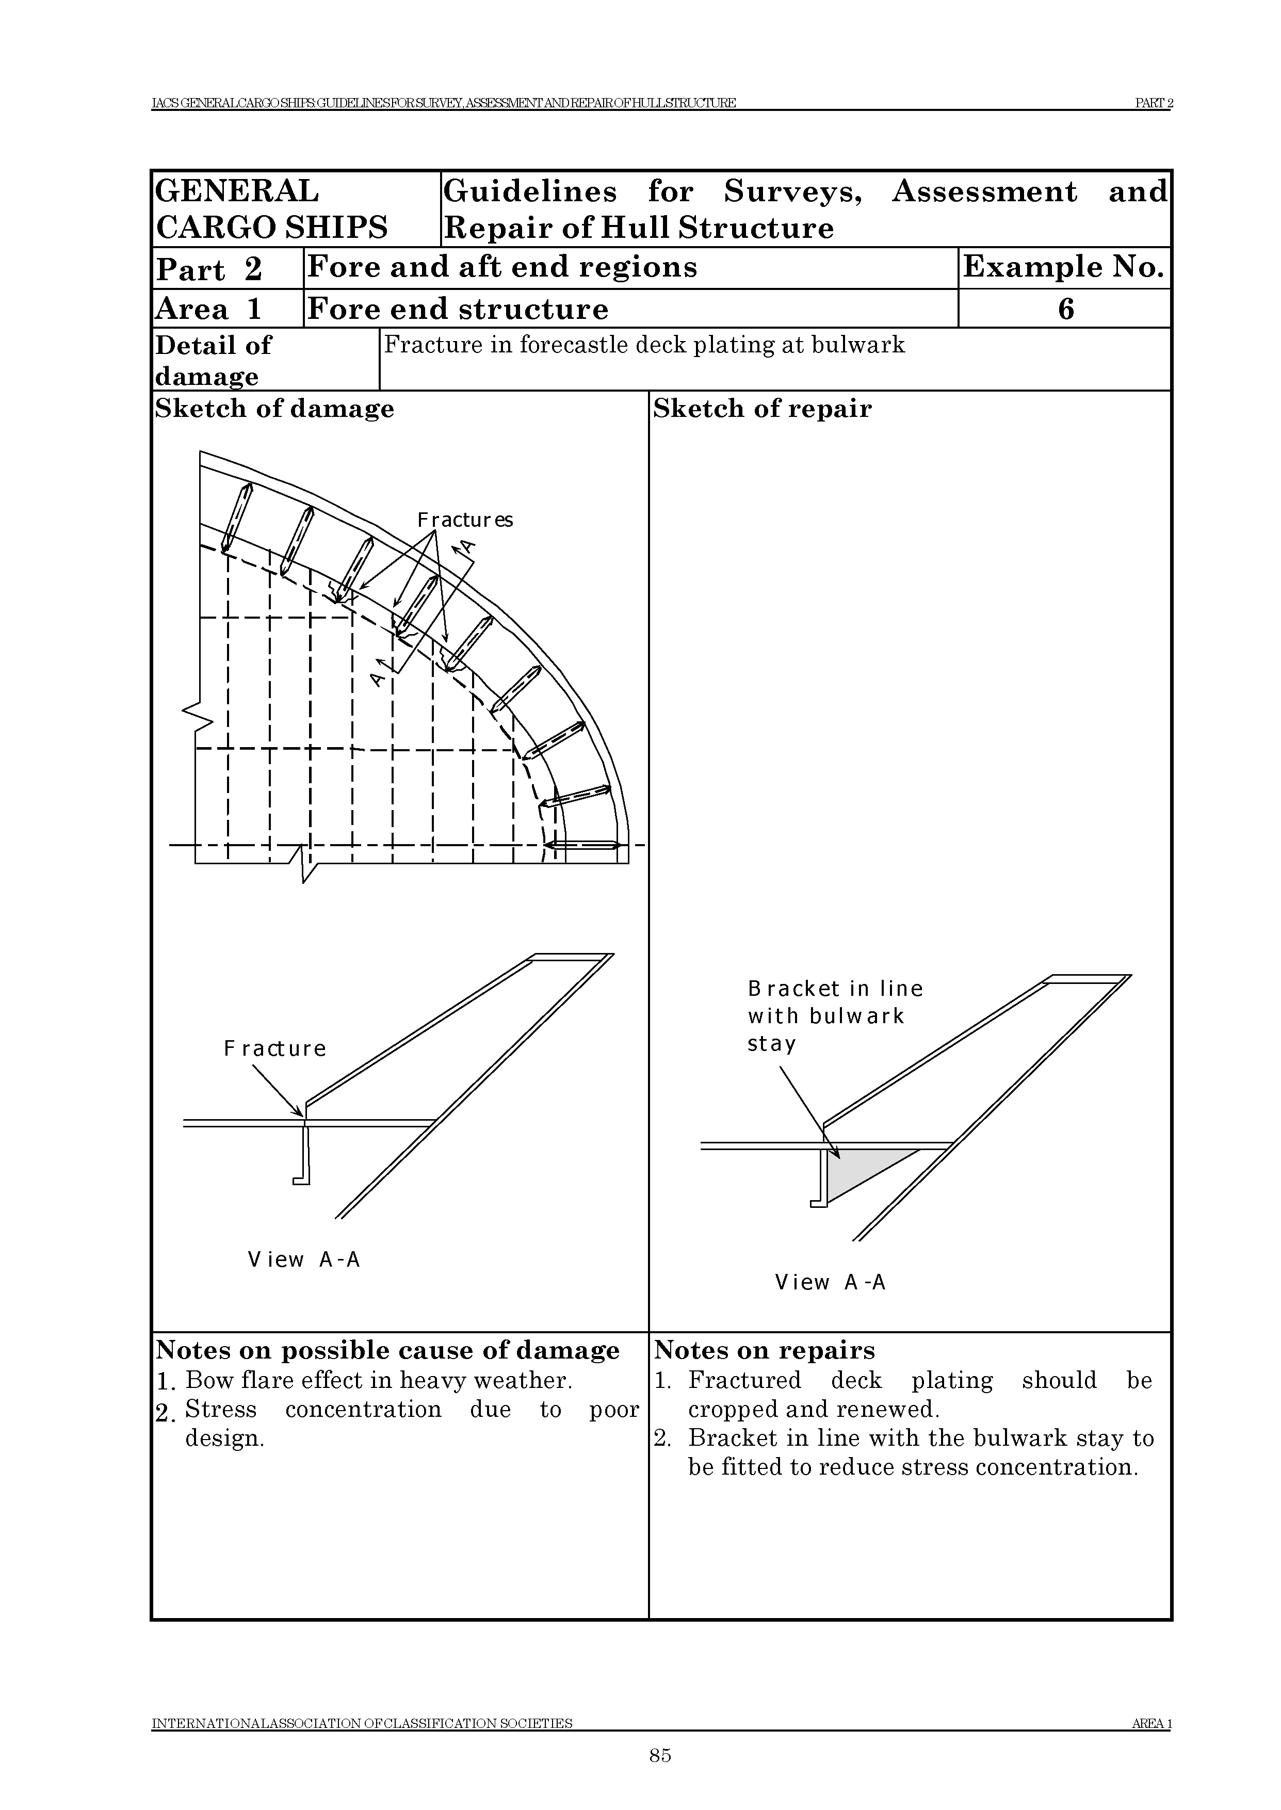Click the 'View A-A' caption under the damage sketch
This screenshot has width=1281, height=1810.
pyautogui.click(x=304, y=1259)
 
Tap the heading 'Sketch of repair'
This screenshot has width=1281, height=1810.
pyautogui.click(x=762, y=409)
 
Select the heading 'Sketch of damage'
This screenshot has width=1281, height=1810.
pyautogui.click(x=274, y=409)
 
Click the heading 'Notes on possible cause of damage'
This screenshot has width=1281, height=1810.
pyautogui.click(x=387, y=1350)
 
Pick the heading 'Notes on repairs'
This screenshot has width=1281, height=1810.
pyautogui.click(x=765, y=1350)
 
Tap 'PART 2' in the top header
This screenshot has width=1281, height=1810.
pyautogui.click(x=1153, y=103)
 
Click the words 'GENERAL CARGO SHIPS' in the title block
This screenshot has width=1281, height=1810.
pyautogui.click(x=271, y=209)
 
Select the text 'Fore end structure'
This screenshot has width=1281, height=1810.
pyautogui.click(x=458, y=309)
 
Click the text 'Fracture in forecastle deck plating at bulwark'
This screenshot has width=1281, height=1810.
pyautogui.click(x=644, y=346)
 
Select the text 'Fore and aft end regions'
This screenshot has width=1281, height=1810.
pyautogui.click(x=501, y=267)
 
